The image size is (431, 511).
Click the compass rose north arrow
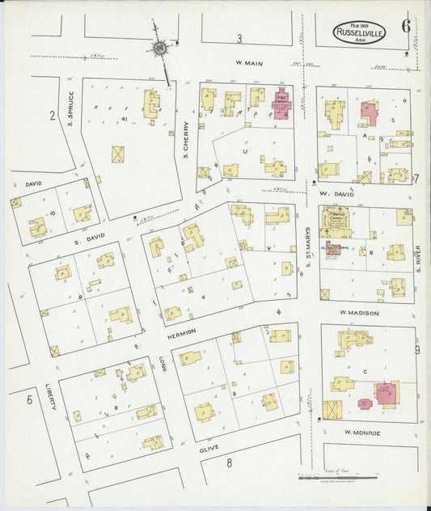161,49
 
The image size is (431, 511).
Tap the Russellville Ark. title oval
360,35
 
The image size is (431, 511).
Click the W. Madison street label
359,313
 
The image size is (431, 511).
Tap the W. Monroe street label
361,433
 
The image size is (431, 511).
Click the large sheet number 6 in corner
405,25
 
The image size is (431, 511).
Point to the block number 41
125,119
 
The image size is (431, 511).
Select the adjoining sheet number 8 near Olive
229,462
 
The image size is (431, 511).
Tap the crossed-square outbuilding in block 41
119,154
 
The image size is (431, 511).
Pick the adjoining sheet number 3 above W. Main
239,39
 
